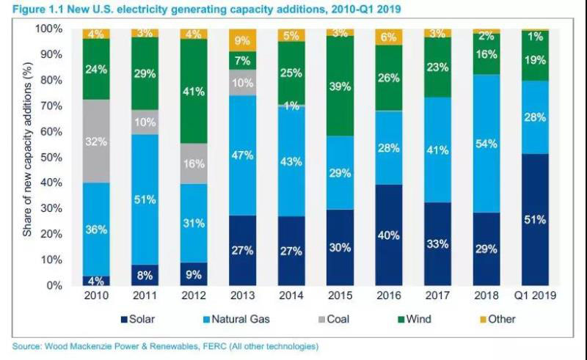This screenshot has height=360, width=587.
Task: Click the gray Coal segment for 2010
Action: (98, 142)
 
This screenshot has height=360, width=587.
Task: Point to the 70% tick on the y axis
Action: (51, 106)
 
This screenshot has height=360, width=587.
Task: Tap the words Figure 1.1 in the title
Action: (37, 10)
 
